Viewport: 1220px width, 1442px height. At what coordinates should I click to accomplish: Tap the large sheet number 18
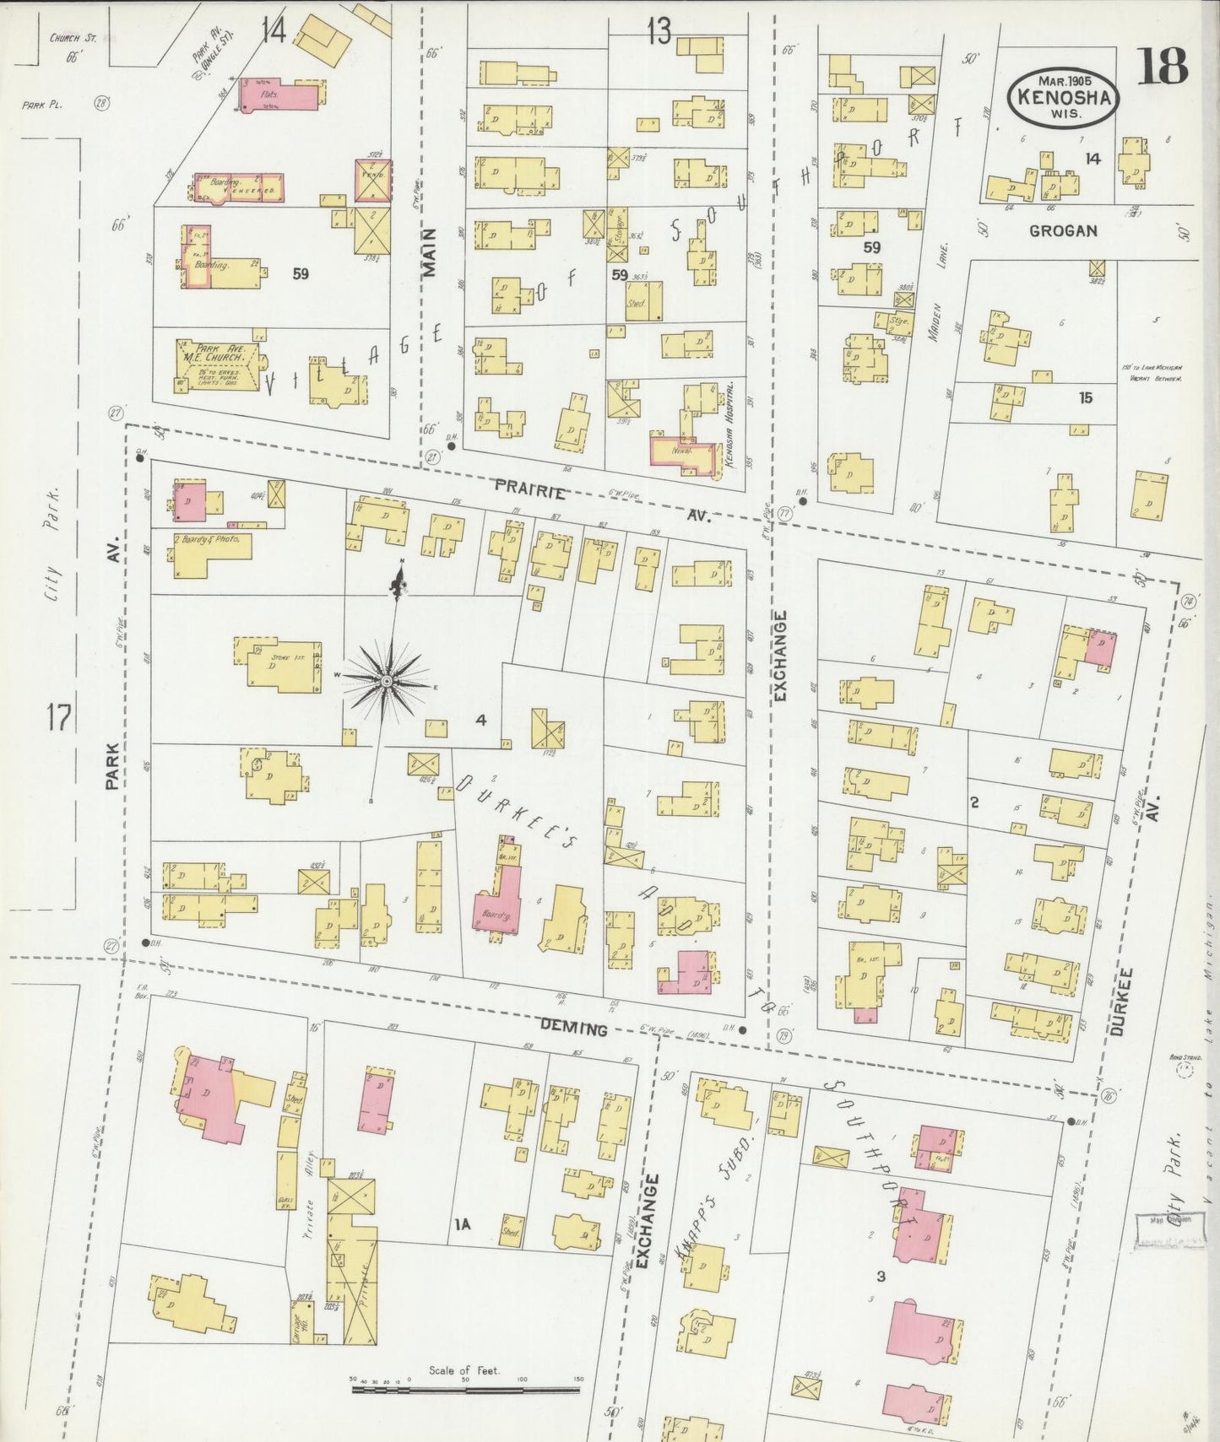point(1162,67)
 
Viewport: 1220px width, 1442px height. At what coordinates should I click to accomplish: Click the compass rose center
point(386,680)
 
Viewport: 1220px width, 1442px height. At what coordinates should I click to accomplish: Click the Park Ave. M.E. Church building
point(219,365)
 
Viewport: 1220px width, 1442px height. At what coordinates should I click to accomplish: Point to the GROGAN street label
point(1063,230)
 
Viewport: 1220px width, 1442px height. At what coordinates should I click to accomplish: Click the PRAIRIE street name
point(529,487)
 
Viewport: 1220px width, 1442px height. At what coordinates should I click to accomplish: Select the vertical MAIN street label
point(430,252)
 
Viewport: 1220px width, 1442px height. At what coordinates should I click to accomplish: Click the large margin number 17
point(58,718)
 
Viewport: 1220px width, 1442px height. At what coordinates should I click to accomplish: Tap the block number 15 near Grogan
point(1085,397)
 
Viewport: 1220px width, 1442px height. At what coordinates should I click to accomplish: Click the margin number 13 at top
point(659,32)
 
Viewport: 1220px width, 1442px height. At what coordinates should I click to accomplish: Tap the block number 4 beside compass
point(480,720)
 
